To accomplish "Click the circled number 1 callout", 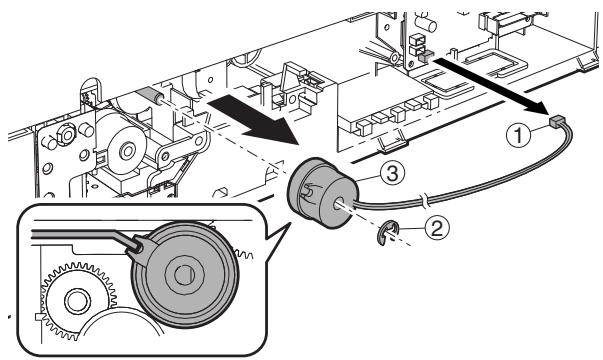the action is (x=518, y=136).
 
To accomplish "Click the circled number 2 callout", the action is (x=437, y=228).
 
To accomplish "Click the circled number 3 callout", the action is (x=392, y=174).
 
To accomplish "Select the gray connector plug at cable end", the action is (x=556, y=122).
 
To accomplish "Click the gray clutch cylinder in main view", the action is (x=322, y=192).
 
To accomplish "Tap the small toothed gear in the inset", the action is (x=78, y=301).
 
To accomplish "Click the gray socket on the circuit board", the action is (x=425, y=58).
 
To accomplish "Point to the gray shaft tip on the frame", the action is (x=148, y=94).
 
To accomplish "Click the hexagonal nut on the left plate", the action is (x=67, y=135).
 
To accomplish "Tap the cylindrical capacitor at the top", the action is (x=426, y=23).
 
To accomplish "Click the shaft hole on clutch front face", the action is (x=338, y=204).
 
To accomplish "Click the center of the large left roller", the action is (x=127, y=151).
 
